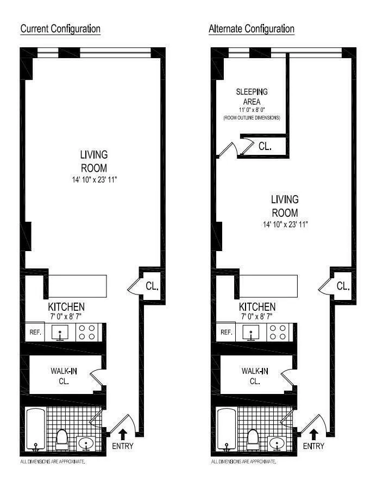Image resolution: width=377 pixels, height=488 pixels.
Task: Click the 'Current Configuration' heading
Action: (x=60, y=28)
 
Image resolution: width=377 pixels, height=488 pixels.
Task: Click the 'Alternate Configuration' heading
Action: (x=252, y=28)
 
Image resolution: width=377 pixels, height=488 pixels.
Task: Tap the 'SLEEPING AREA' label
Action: (x=252, y=96)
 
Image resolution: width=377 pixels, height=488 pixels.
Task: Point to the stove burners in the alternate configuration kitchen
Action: (x=279, y=332)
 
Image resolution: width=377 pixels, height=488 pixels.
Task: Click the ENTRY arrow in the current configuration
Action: (x=122, y=434)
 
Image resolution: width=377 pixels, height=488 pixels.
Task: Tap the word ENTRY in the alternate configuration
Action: (x=313, y=446)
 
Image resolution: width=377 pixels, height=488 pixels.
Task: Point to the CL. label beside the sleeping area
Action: (x=265, y=146)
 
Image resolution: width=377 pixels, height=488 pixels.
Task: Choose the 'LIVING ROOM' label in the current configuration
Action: (x=93, y=161)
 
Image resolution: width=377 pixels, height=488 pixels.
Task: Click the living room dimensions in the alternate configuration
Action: (x=285, y=224)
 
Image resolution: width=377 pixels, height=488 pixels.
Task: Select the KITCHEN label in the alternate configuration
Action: (x=257, y=307)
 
